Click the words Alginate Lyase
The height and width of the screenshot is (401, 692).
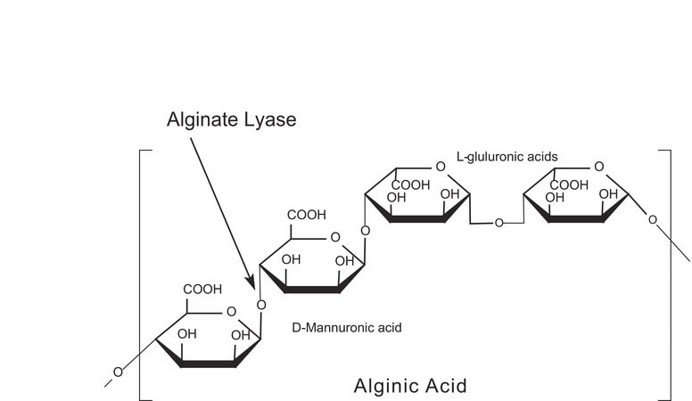[231, 119]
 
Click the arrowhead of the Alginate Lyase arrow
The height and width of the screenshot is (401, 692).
[251, 282]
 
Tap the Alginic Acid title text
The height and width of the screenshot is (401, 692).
[409, 386]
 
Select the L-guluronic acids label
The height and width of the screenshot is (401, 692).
[507, 157]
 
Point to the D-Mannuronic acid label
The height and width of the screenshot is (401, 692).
[347, 328]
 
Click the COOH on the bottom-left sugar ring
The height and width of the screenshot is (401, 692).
[202, 290]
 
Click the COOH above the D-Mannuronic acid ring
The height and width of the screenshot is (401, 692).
[306, 215]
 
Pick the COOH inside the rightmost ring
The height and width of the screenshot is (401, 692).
[569, 184]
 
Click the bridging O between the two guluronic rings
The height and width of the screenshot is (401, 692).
[498, 222]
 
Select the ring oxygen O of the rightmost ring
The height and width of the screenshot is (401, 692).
[598, 167]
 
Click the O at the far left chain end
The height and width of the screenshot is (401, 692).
[117, 372]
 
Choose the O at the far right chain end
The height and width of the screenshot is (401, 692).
[653, 219]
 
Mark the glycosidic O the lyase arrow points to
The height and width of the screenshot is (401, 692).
[261, 305]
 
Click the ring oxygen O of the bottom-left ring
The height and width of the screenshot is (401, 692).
[231, 312]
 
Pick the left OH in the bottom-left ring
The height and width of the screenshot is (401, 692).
[186, 334]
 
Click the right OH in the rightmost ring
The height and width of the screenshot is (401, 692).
[608, 194]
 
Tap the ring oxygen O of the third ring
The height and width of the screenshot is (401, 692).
[440, 167]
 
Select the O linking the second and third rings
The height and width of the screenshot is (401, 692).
[365, 231]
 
